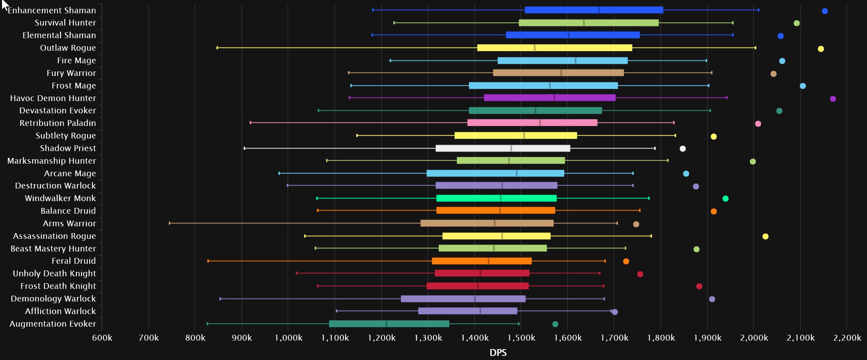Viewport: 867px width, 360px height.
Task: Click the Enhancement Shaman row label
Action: (x=52, y=11)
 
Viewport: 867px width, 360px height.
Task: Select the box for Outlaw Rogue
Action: (x=554, y=48)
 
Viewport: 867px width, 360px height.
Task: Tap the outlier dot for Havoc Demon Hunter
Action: (x=833, y=99)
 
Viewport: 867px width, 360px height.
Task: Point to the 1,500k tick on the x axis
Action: (x=521, y=338)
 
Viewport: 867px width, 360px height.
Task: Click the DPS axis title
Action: (x=498, y=353)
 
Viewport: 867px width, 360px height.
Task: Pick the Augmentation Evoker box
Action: (x=389, y=324)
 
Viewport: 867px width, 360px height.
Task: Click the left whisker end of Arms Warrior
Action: (x=169, y=223)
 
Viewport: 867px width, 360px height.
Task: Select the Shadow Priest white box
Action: (x=503, y=148)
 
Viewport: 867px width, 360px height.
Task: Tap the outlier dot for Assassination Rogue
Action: (x=765, y=236)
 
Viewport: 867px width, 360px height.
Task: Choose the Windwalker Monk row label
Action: (x=60, y=198)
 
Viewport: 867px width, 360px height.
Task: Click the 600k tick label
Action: (x=102, y=338)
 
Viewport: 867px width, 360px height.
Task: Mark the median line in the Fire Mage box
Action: (x=575, y=61)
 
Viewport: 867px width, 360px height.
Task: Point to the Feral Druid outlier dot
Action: (x=626, y=261)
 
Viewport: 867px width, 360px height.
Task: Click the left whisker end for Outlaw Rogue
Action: (x=217, y=48)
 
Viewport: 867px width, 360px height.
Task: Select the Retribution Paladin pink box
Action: (x=532, y=123)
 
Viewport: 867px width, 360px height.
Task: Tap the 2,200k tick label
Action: (x=847, y=338)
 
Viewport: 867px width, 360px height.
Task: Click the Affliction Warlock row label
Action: (x=61, y=311)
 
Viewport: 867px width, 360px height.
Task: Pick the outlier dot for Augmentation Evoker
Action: (x=555, y=324)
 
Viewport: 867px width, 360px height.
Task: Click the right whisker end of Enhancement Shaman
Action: (x=758, y=10)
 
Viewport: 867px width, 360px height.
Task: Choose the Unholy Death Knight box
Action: (x=482, y=273)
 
